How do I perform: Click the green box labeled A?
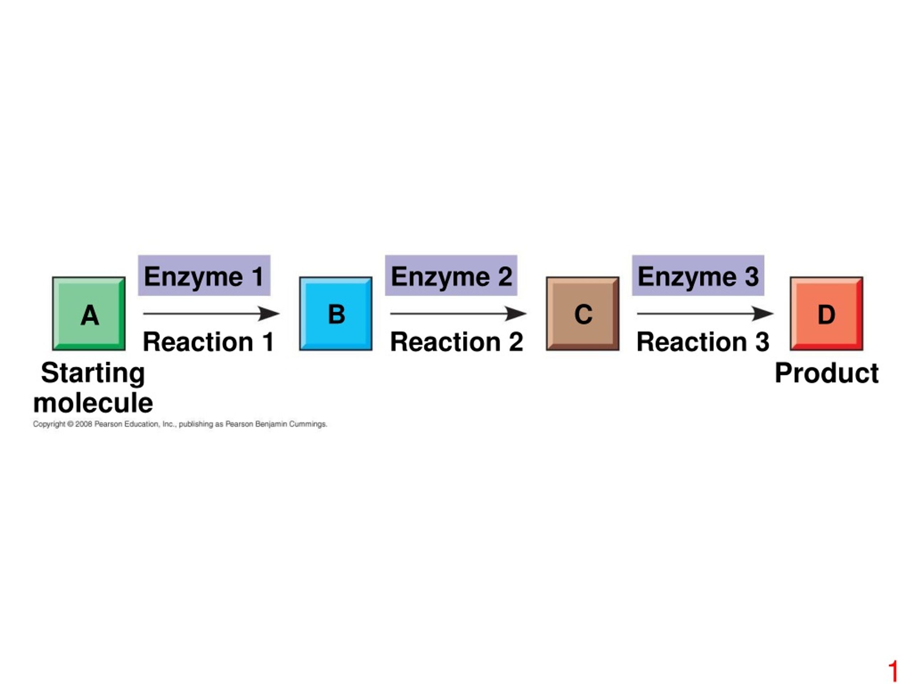coord(89,314)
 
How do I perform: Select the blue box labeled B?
coord(336,314)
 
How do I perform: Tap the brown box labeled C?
coord(582,314)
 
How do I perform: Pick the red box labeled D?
coord(826,314)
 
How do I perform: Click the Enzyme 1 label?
coord(204,275)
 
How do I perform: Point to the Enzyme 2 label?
coord(451,275)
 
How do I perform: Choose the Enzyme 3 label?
coord(698,275)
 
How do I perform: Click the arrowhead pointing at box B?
coord(269,313)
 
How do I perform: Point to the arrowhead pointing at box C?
coord(516,313)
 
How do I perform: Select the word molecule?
coord(93,403)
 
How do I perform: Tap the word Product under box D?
coord(826,373)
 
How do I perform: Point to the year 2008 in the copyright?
coord(84,424)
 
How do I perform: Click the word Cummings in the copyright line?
coord(308,424)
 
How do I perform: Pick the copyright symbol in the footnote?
coord(70,424)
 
